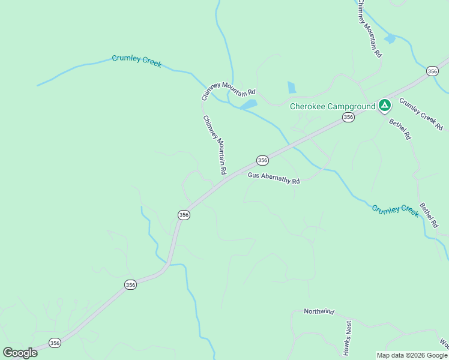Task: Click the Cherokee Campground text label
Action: point(332,106)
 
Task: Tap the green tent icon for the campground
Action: point(385,106)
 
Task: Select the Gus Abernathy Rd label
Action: point(274,178)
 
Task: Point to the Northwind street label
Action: point(319,311)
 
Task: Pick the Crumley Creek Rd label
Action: point(421,114)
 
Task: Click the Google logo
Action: point(20,352)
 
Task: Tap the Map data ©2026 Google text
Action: point(412,355)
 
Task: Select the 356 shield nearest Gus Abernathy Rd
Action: point(262,160)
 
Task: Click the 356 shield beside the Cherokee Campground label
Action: point(348,118)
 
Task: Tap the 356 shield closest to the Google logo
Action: point(55,343)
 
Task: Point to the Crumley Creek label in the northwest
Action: point(137,61)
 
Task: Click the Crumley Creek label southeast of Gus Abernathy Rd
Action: point(394,210)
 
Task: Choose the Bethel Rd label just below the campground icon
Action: point(400,130)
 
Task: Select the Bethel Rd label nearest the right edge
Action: point(429,214)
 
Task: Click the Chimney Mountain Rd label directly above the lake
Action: point(229,90)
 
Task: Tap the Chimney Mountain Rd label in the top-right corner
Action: point(370,29)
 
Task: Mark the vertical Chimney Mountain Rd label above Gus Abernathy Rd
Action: point(214,145)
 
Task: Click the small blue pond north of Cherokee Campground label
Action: point(292,88)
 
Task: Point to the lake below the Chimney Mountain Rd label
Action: point(248,104)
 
